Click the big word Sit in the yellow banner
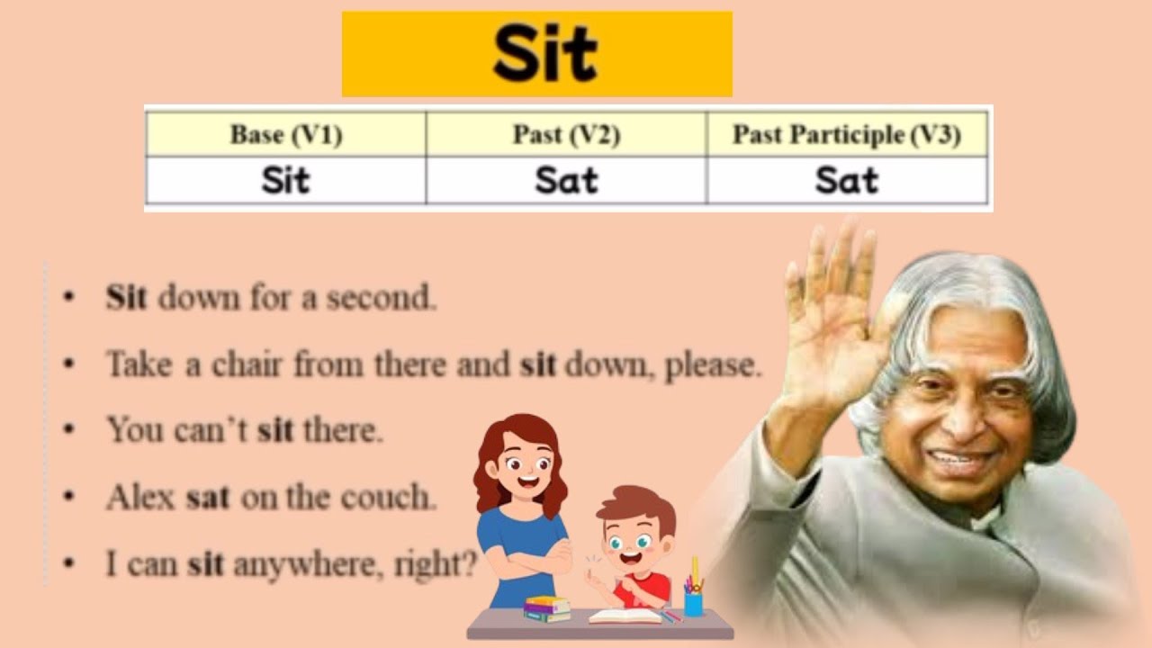(544, 54)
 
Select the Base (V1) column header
(285, 136)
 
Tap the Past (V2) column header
(566, 136)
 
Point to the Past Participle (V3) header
(846, 136)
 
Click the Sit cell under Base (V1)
(285, 182)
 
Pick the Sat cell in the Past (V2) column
(566, 182)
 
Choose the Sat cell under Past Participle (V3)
(846, 182)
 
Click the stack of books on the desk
(547, 608)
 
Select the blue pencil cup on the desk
(693, 601)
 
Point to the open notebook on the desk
(625, 616)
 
